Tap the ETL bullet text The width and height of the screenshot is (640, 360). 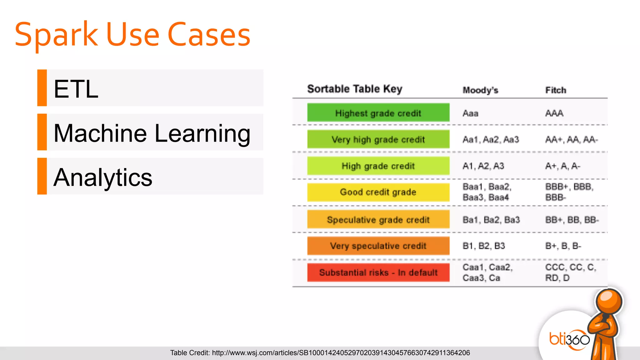coord(76,89)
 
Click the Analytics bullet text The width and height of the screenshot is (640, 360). coord(103,177)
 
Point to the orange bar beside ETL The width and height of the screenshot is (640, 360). coord(42,88)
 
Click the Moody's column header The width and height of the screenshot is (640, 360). coord(480,90)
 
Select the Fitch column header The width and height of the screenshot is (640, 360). coord(556,90)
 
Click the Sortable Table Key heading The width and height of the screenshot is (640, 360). coord(355,89)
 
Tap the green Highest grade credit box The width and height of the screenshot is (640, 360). coord(378,113)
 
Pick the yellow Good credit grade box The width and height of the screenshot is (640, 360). coord(378,192)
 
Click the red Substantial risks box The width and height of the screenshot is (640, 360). coord(378,272)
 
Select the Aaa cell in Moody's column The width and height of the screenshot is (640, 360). coord(470,113)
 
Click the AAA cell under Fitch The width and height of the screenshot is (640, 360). coord(554,113)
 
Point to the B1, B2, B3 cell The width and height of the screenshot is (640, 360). coord(483,246)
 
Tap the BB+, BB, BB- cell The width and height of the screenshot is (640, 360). coord(572,220)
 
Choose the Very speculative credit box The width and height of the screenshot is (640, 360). coord(378,246)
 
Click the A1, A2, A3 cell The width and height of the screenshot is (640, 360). coord(483,166)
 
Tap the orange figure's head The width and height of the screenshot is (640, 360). coord(609,301)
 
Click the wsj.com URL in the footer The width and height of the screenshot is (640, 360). coord(341,353)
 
